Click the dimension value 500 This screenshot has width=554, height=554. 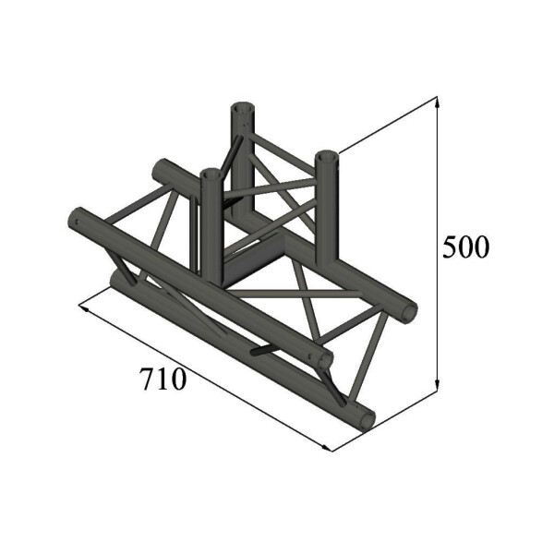pyautogui.click(x=464, y=247)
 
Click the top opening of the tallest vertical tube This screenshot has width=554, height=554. pyautogui.click(x=241, y=107)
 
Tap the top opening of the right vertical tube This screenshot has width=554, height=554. pyautogui.click(x=328, y=157)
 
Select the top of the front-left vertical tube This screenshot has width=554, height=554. pyautogui.click(x=211, y=173)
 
